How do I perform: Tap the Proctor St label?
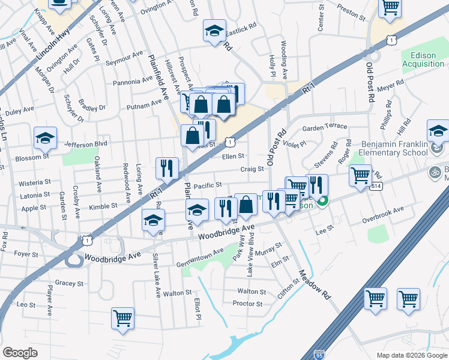coord(247,304)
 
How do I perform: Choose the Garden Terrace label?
coord(325,127)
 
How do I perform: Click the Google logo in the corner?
coord(20,353)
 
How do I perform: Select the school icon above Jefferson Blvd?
coord(45,138)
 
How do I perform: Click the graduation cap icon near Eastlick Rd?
coord(214,31)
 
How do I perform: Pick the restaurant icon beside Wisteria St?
coord(166,168)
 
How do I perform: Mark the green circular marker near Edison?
coord(322,202)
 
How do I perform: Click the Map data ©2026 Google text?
coord(411,355)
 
